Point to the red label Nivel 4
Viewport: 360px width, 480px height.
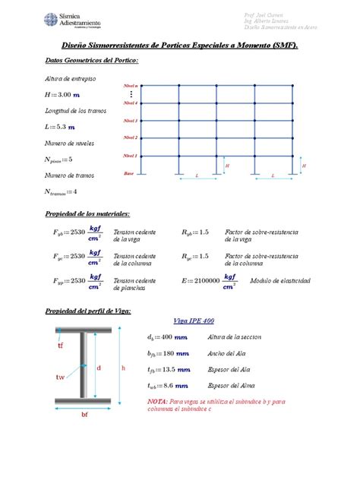(x=131, y=103)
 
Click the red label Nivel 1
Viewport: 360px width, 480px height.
(x=131, y=156)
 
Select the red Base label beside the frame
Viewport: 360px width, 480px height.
(x=129, y=174)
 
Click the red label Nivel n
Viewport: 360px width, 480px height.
(x=131, y=87)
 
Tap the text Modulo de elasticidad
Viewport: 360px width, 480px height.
(x=279, y=281)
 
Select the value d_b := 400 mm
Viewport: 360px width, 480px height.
(x=167, y=337)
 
